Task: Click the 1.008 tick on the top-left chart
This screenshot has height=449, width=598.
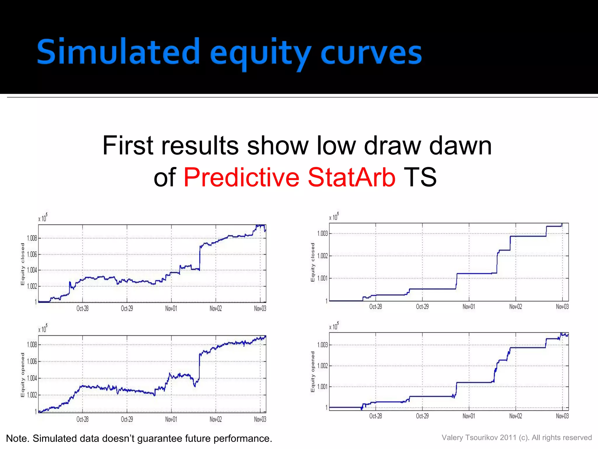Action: pos(32,238)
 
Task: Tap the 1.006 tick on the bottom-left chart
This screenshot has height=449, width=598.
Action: pos(32,362)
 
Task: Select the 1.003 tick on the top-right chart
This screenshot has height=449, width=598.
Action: pos(323,233)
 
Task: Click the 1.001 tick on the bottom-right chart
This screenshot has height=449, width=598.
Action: pos(323,387)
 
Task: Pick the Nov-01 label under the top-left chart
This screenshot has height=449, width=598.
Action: pos(171,309)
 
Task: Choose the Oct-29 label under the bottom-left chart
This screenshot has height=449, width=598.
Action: pos(127,419)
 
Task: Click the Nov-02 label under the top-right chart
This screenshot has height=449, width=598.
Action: pos(516,307)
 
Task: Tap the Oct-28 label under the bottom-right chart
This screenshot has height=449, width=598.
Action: pos(376,416)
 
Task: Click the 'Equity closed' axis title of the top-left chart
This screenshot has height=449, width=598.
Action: pos(23,264)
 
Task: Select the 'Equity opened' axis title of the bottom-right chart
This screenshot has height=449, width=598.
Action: pos(313,372)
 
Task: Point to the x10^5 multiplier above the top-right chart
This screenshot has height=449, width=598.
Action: pos(334,217)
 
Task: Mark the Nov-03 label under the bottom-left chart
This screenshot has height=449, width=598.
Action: pos(260,419)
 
